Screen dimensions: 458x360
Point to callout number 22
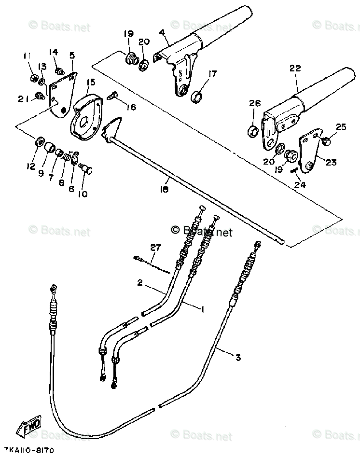pos(295,69)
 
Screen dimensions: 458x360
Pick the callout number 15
pos(89,83)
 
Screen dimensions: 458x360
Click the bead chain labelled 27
pos(152,264)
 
